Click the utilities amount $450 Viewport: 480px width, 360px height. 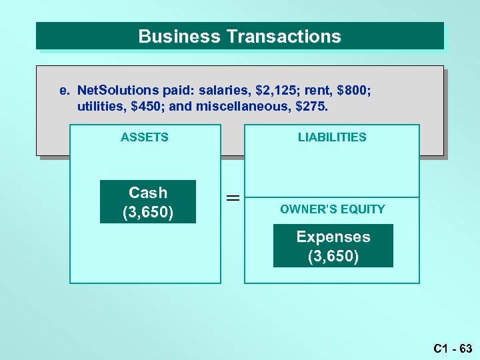point(143,106)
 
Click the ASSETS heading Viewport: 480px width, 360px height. point(145,137)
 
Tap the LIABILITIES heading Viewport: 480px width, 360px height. point(332,137)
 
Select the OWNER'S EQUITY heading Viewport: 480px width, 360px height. point(333,209)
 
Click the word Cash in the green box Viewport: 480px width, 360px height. point(148,193)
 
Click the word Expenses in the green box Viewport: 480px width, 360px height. point(333,237)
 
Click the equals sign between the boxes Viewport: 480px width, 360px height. point(232,198)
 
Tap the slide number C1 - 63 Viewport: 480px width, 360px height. point(453,348)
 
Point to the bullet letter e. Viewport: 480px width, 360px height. point(63,90)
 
